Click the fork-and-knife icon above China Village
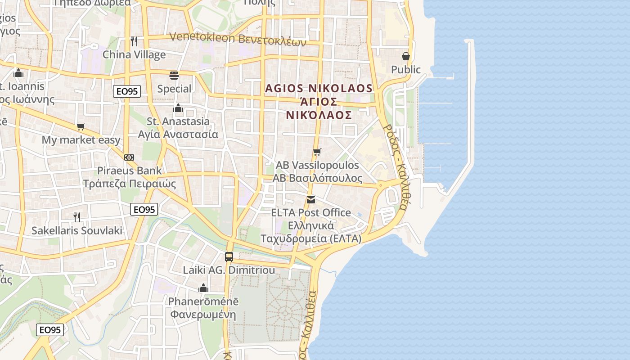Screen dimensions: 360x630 tap(134, 41)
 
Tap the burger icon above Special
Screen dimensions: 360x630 tap(174, 75)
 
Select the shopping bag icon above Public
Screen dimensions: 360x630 tap(406, 56)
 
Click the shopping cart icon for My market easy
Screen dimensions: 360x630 tap(81, 127)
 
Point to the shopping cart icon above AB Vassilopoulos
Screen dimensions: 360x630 tap(317, 152)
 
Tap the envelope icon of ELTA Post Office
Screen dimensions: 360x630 tap(310, 200)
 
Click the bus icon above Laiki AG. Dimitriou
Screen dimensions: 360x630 tap(229, 257)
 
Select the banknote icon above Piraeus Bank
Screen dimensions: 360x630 tap(129, 157)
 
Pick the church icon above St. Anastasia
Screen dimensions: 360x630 tap(178, 108)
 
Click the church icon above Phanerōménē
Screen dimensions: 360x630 tap(203, 288)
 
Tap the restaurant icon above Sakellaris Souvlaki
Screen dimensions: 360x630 tap(77, 217)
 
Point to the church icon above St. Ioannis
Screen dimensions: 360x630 tap(18, 72)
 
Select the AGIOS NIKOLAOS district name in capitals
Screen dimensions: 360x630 tap(319, 88)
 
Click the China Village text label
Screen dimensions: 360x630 tap(134, 55)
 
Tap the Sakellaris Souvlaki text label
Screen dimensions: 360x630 tap(77, 231)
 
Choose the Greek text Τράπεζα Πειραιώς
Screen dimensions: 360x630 tap(130, 184)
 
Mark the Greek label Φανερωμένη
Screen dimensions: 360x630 tap(203, 314)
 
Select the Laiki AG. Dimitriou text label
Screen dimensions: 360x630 tap(229, 270)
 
